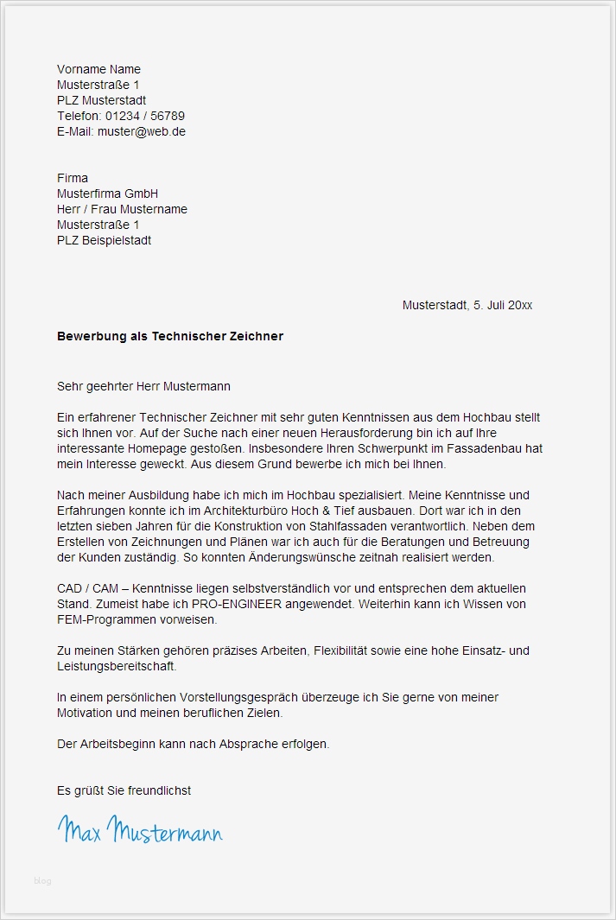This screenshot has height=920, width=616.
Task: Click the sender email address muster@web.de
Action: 142,132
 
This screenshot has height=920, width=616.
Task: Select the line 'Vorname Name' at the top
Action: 98,69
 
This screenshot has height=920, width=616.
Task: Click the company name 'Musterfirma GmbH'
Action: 107,194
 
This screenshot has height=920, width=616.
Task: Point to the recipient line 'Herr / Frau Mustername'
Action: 122,209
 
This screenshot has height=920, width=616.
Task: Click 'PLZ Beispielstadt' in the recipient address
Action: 104,240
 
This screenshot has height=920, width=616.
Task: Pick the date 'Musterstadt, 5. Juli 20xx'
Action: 467,306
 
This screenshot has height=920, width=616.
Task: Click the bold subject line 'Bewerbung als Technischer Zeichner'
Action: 170,336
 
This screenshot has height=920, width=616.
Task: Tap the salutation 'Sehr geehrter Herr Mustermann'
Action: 143,386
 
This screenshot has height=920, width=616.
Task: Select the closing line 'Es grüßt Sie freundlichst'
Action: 124,790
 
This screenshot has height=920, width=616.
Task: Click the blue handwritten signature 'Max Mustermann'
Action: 140,829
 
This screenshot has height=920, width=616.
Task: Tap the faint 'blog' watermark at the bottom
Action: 42,881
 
